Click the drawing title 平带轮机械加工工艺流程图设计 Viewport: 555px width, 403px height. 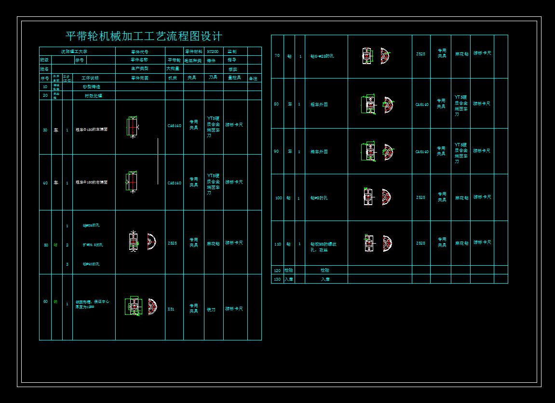tap(144, 36)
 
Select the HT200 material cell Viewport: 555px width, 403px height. tap(213, 52)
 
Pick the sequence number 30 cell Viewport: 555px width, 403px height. tap(45, 130)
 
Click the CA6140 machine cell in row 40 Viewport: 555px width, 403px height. tap(175, 183)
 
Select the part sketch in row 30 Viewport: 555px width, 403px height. tap(132, 127)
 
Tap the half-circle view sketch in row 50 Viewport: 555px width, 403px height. tap(151, 241)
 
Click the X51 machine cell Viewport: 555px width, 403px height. tap(171, 309)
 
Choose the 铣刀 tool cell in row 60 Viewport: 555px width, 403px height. tap(211, 309)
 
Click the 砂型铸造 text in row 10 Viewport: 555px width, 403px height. tap(93, 87)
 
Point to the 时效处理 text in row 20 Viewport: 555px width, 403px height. tap(93, 95)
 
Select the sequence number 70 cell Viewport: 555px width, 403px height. tap(277, 55)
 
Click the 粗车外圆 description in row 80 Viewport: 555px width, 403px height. tap(319, 104)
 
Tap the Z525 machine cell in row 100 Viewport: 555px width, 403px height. tap(420, 197)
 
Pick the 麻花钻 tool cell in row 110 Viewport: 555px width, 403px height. tap(461, 244)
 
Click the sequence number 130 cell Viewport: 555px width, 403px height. tap(277, 279)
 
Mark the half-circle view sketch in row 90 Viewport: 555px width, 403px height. tap(388, 152)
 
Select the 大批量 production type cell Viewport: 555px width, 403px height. tap(173, 69)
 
